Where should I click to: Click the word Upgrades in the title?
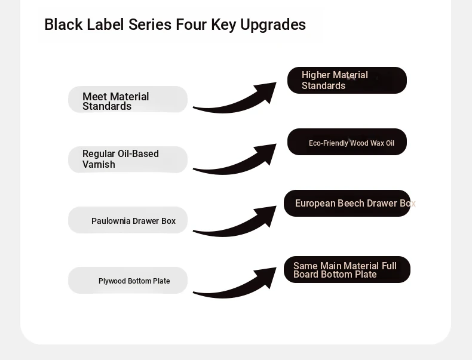click(x=272, y=25)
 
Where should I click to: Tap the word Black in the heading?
click(x=63, y=24)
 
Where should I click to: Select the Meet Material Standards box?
click(x=128, y=100)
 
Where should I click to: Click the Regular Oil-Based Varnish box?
click(x=128, y=159)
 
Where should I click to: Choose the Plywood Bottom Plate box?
click(x=128, y=281)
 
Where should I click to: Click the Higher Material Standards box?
click(x=347, y=81)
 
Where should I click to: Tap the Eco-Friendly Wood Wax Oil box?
click(x=347, y=141)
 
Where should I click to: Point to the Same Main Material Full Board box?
click(x=347, y=269)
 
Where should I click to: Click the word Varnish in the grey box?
click(x=99, y=165)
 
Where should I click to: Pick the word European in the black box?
click(x=315, y=204)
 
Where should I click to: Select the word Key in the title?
click(x=223, y=25)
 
